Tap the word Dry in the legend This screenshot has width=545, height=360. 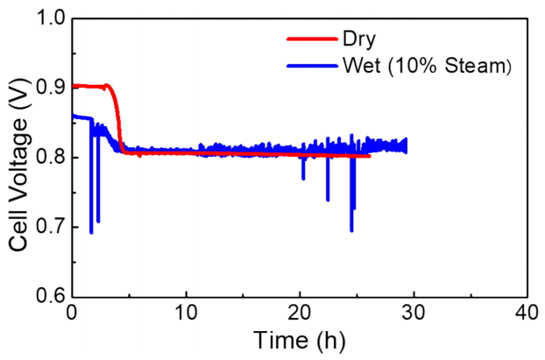pyautogui.click(x=356, y=39)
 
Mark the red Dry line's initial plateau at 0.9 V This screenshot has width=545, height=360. pyautogui.click(x=88, y=86)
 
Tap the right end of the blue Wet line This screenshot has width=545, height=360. pyautogui.click(x=406, y=145)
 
